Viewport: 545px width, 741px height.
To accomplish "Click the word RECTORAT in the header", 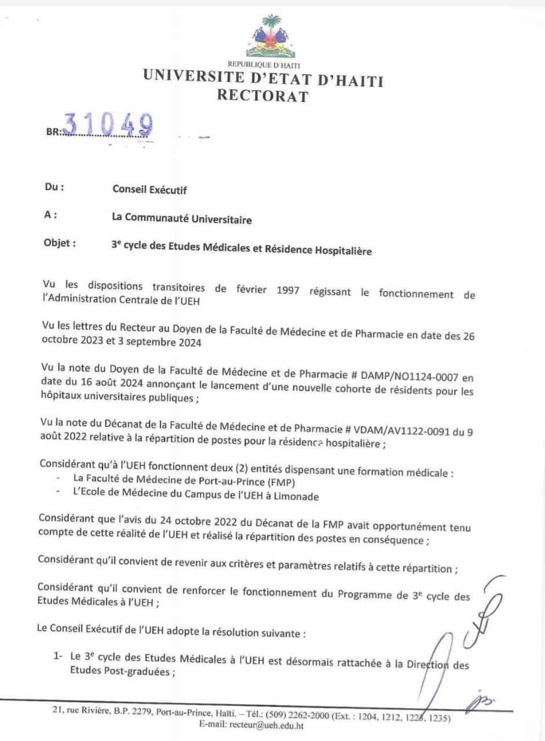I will [x=262, y=96].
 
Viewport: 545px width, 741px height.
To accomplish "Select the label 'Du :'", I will [x=54, y=188].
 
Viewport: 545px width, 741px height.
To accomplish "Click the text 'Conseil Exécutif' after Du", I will [x=149, y=189].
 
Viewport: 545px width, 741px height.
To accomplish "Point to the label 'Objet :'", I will [x=59, y=243].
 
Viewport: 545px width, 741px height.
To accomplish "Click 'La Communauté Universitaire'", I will [x=181, y=219].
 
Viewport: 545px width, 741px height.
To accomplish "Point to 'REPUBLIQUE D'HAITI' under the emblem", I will [x=264, y=65].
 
